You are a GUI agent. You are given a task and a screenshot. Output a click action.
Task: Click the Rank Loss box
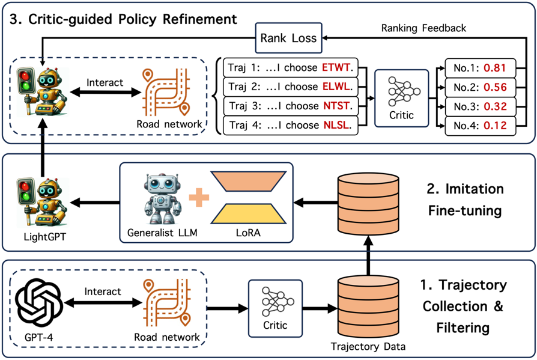289,38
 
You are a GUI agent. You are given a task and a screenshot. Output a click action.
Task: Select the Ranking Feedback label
423,28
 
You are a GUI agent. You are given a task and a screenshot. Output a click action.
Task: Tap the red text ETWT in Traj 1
336,67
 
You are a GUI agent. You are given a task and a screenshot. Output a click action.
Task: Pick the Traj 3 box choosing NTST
290,106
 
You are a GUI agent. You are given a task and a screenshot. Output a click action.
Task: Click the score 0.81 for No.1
494,68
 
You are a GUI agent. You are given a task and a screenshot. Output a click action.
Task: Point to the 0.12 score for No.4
495,126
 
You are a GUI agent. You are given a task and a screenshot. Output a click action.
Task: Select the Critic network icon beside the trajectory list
402,91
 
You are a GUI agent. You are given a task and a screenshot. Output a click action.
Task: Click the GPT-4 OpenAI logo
40,303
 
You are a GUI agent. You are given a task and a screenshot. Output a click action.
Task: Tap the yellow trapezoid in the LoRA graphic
248,214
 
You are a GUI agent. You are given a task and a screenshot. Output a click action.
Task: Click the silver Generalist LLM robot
162,198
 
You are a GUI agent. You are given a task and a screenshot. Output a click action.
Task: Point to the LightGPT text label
44,237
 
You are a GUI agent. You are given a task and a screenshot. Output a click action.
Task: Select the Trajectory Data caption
368,346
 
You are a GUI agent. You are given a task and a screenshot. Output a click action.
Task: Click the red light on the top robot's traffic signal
24,75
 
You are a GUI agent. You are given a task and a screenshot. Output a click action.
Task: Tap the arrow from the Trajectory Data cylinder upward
368,255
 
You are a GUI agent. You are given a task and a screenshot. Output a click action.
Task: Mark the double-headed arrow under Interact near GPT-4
103,303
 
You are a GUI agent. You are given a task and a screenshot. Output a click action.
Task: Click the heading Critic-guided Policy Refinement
133,19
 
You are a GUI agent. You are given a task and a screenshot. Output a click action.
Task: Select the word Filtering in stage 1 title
463,328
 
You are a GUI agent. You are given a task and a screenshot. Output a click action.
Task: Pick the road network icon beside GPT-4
167,302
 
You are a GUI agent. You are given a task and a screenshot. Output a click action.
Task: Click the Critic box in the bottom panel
275,308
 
